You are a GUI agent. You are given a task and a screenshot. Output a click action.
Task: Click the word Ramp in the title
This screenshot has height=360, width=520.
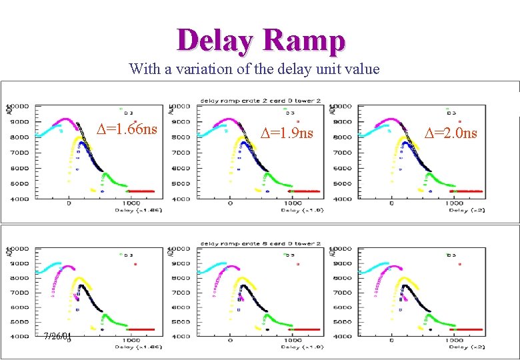(x=304, y=41)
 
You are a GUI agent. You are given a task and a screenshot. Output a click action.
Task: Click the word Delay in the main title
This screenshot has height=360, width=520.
(x=215, y=41)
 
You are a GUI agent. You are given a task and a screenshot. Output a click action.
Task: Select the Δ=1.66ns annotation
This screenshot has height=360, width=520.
(x=127, y=129)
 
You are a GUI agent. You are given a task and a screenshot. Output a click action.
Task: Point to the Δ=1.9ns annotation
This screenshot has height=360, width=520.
(x=287, y=133)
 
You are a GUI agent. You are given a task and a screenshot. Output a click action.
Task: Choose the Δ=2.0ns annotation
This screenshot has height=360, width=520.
(x=451, y=133)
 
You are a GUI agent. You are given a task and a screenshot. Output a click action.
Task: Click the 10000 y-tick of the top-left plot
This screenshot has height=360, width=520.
(x=19, y=107)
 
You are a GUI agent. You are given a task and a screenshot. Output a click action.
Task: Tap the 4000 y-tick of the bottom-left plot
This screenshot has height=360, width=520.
(x=19, y=337)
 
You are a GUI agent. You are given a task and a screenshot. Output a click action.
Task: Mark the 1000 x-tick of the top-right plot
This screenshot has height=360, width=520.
(x=455, y=203)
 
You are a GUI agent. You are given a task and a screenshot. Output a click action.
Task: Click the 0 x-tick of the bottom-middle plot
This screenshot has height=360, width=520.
(x=230, y=340)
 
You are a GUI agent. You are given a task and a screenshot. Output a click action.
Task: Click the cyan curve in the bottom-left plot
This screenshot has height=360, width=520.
(x=48, y=267)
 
